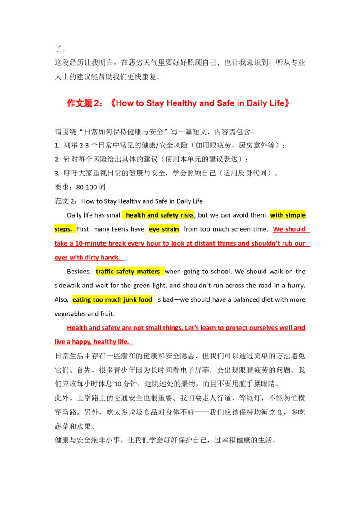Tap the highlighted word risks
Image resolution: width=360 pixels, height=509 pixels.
pyautogui.click(x=187, y=215)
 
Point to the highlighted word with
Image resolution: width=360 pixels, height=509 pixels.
pyautogui.click(x=277, y=215)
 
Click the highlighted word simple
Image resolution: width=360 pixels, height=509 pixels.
pyautogui.click(x=296, y=215)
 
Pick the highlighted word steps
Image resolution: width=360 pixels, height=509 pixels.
pyautogui.click(x=63, y=229)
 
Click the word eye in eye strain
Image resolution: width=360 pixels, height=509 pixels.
pyautogui.click(x=154, y=229)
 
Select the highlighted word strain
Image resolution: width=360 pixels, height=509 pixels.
pyautogui.click(x=171, y=229)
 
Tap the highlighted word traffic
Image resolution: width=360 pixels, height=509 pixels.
pyautogui.click(x=105, y=272)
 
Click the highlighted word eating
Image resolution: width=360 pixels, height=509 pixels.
pyautogui.click(x=82, y=299)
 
